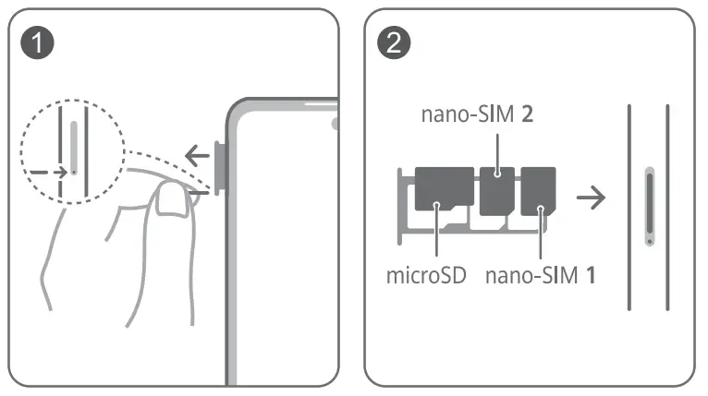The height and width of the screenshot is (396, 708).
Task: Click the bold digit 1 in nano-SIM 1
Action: [x=589, y=275]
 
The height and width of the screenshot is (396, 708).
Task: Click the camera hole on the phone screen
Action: [x=336, y=122]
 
